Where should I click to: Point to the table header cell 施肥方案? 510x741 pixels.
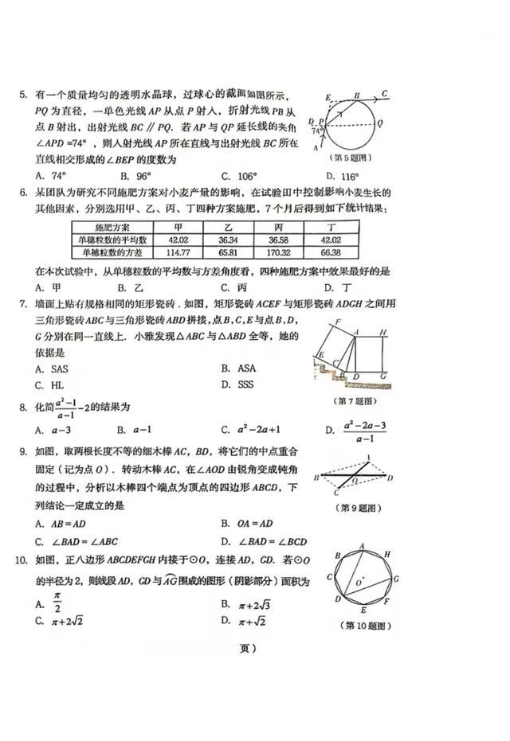[107, 227]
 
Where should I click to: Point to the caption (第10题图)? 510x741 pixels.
[367, 626]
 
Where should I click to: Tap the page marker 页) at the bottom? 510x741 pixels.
[247, 648]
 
